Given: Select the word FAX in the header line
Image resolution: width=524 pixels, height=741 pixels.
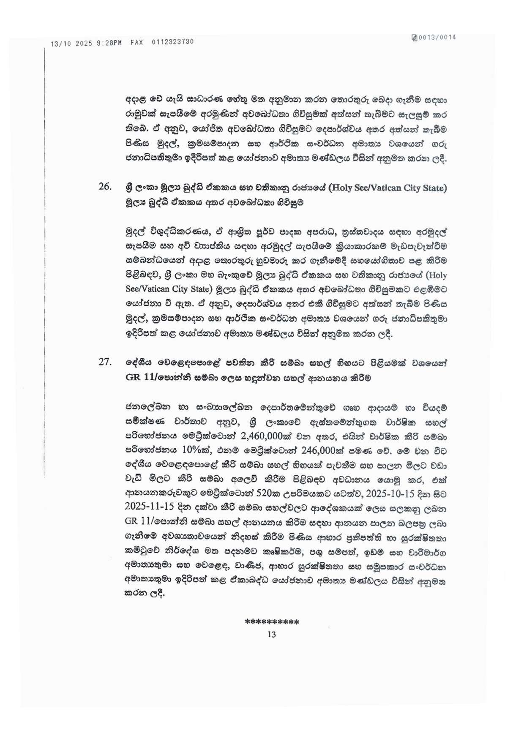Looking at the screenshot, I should pos(136,42).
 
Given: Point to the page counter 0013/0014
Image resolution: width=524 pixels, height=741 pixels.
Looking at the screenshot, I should pos(437,37).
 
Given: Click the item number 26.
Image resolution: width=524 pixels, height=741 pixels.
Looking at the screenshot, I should pos(104,187).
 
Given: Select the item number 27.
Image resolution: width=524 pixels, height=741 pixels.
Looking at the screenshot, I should pos(104,362).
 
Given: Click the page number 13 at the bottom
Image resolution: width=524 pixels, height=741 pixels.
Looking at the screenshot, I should pos(271,634).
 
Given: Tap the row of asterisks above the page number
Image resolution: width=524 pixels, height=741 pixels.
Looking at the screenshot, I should pos(272,622).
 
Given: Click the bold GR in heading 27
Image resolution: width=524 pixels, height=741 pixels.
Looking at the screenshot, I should pos(133,377).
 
